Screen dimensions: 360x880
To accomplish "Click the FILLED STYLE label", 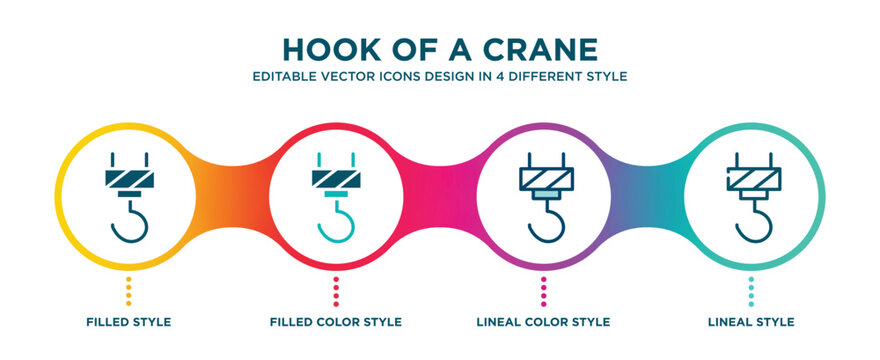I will coord(128,322).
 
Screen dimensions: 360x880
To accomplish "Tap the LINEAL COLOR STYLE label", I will coord(544,322).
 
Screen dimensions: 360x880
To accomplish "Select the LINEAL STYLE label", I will coord(750,322).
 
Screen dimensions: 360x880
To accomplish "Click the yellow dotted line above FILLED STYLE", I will coord(128,292).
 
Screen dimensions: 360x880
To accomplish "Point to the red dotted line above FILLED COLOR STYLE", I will coord(335,292).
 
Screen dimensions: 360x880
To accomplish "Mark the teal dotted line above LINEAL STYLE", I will coord(751,292).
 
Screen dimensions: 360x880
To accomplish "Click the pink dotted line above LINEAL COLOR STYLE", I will coord(544,292).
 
